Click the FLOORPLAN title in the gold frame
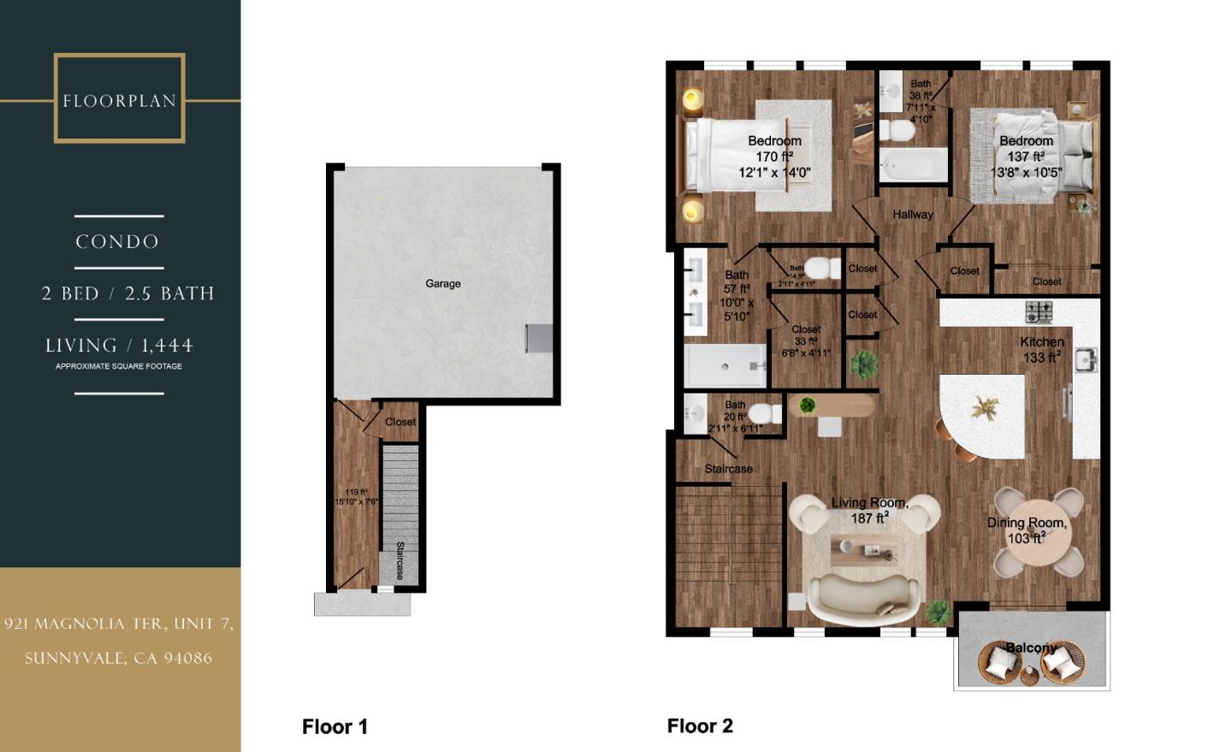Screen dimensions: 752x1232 pyautogui.click(x=119, y=101)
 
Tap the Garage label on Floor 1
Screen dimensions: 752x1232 pyautogui.click(x=443, y=283)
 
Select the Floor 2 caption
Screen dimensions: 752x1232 pyautogui.click(x=700, y=726)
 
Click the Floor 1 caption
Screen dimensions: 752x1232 pyautogui.click(x=335, y=727)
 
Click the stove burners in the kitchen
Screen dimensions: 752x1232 pyautogui.click(x=1039, y=312)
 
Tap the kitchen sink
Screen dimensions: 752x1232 pyautogui.click(x=1085, y=359)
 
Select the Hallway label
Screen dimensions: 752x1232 pyautogui.click(x=913, y=215)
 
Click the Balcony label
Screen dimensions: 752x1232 pyautogui.click(x=1031, y=648)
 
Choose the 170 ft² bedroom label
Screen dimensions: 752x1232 pyautogui.click(x=774, y=157)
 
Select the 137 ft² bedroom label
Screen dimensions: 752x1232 pyautogui.click(x=1026, y=157)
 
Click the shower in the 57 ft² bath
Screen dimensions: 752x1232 pyautogui.click(x=726, y=365)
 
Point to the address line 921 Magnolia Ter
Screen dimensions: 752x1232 pyautogui.click(x=118, y=624)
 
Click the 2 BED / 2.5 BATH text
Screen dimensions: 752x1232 pyautogui.click(x=127, y=293)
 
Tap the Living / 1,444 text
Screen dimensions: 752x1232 pyautogui.click(x=119, y=346)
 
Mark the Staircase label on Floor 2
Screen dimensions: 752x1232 pyautogui.click(x=728, y=469)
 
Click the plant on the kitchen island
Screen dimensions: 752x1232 pyautogui.click(x=984, y=408)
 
